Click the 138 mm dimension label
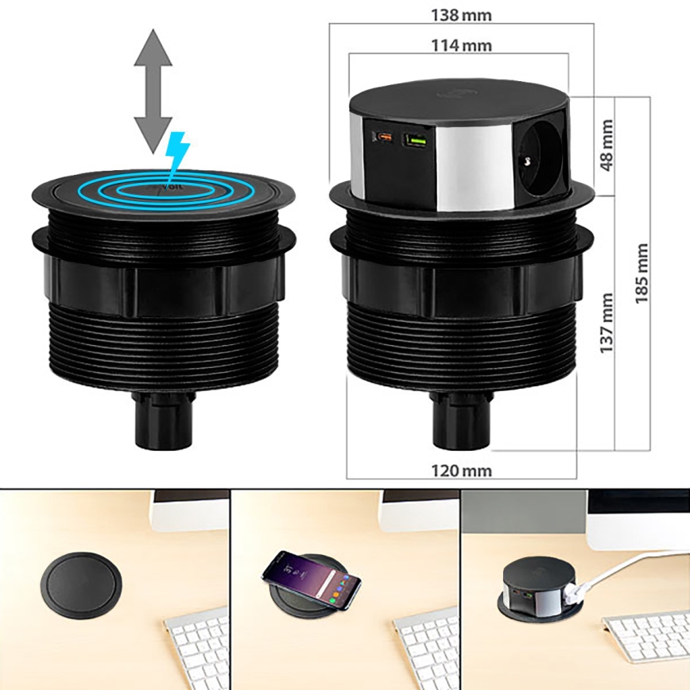pos(461,14)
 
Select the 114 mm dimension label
pos(461,45)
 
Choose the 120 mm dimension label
pos(461,470)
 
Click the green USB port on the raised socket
pos(414,140)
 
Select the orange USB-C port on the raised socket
pos(384,139)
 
